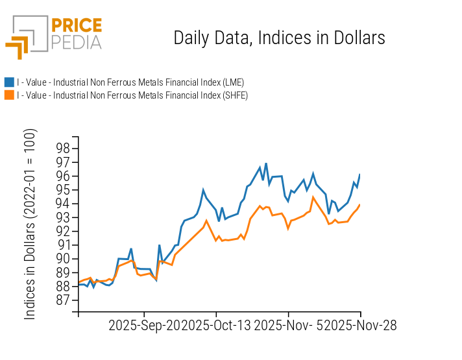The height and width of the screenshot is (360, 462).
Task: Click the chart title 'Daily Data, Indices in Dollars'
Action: click(279, 38)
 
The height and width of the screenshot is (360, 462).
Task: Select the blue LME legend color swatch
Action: click(9, 82)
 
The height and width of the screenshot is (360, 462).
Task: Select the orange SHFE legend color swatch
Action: click(9, 95)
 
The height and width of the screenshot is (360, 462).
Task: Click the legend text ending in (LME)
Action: click(130, 82)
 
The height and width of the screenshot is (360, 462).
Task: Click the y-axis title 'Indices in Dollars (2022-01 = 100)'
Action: click(30, 224)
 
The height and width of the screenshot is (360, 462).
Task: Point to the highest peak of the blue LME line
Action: click(266, 163)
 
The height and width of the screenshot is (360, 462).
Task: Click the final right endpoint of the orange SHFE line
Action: click(360, 204)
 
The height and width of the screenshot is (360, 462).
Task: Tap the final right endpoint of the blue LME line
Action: click(360, 174)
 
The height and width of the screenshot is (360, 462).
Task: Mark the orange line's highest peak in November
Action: click(313, 197)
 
